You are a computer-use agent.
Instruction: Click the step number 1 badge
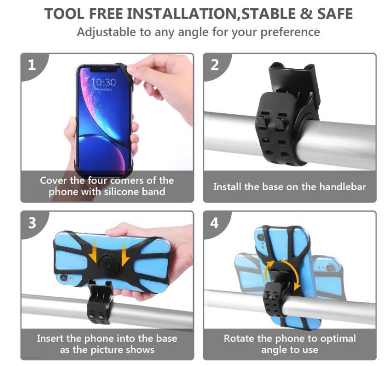point(32,65)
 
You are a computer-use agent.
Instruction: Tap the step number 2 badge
point(214,65)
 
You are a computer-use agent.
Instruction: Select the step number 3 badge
point(32,223)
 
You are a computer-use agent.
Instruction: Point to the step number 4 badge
point(214,223)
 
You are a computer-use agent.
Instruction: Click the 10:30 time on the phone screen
point(103,82)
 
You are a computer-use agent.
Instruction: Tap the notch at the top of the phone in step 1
point(103,69)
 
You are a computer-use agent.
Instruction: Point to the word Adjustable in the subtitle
point(107,33)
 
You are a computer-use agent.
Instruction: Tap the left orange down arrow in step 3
point(93,252)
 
